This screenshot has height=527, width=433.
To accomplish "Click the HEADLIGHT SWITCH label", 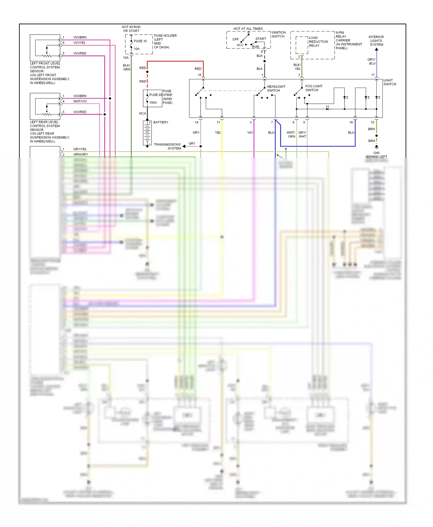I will tap(276, 89).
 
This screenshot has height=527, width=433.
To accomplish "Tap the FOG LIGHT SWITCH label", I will tap(314, 88).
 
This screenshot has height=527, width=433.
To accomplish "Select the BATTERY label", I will tap(161, 122).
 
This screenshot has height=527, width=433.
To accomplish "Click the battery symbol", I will tap(147, 133).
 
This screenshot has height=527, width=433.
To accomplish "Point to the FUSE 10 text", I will tap(140, 41).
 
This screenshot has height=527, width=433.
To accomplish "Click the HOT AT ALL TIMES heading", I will tap(248, 29).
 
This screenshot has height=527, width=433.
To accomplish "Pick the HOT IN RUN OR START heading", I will tap(131, 29).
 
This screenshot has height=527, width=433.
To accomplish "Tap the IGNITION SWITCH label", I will tap(278, 34).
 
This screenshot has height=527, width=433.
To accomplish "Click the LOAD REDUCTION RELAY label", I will tap(318, 42).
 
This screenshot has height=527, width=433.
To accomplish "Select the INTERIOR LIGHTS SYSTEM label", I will tap(376, 41).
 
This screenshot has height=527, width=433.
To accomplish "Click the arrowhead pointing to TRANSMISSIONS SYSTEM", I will tap(184, 146).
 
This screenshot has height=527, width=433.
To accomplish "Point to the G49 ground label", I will tap(376, 153).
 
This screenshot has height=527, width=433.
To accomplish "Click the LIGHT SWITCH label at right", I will tap(389, 82).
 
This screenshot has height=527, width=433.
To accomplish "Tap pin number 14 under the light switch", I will tap(197, 122).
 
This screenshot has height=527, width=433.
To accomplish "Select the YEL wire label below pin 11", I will tap(218, 133).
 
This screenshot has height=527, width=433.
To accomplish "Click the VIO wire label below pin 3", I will tap(250, 133).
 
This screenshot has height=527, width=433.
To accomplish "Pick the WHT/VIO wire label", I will tap(80, 101).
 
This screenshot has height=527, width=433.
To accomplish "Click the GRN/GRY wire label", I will tap(81, 154).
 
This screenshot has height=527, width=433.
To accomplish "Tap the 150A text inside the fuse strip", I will tap(153, 103).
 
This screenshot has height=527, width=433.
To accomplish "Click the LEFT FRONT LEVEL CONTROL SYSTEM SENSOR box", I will tap(45, 48).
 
